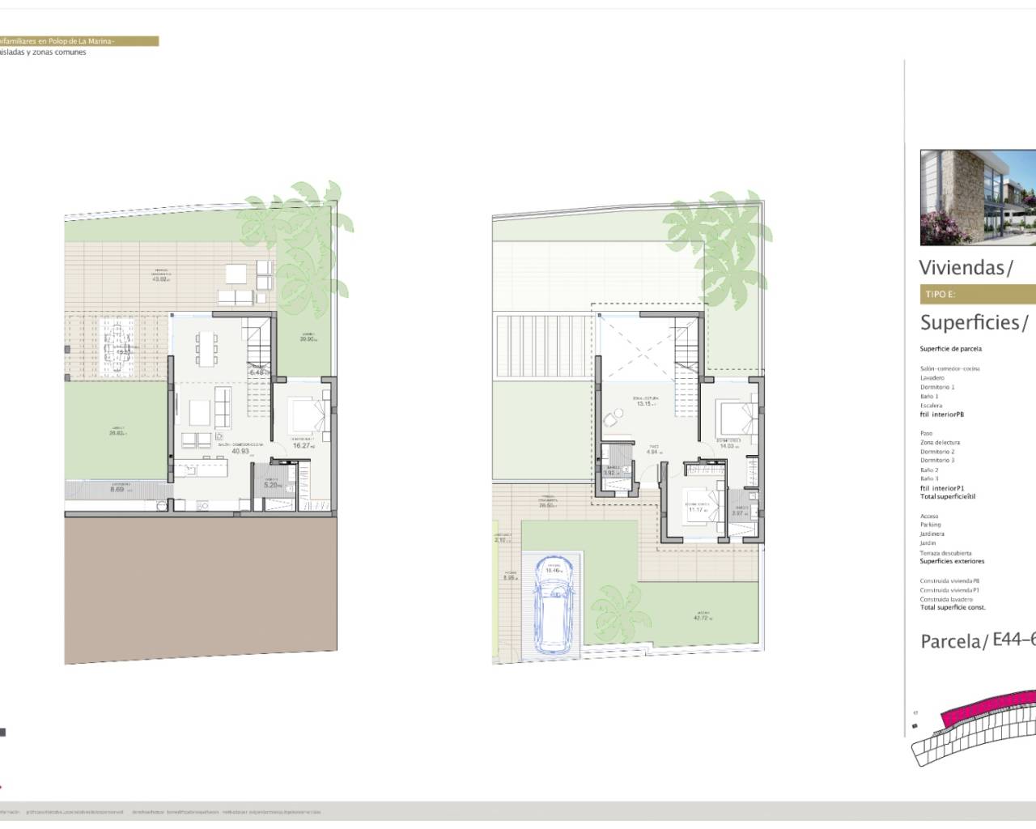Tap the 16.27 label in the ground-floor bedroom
pos(302,445)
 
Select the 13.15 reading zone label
pos(644,403)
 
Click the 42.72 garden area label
pos(701,618)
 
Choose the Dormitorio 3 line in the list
pos(937,460)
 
